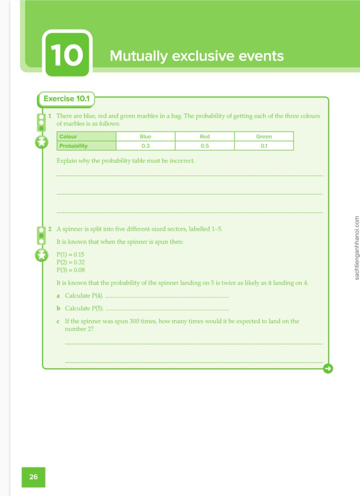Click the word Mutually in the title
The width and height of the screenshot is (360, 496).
coord(138,56)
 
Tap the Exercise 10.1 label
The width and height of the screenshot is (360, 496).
coord(67,98)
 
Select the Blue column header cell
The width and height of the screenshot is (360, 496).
coord(146,136)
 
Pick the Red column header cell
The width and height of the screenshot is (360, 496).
coord(205,136)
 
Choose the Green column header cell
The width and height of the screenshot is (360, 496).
coord(264,136)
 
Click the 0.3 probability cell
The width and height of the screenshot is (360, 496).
coord(146,146)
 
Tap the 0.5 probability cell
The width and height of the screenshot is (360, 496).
coord(205,146)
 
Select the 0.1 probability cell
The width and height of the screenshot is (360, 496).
coord(264,146)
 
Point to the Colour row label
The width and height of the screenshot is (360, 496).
coord(86,136)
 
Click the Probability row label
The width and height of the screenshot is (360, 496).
coord(86,146)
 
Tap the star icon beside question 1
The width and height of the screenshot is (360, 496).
coord(41,143)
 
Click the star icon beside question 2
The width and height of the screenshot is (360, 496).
coord(41,255)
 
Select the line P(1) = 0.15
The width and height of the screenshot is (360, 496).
coord(70,255)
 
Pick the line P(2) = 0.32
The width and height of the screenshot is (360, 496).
coord(71,262)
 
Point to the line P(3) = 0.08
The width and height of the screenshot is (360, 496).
coord(71,270)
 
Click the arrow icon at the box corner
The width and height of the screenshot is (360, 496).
coord(328,369)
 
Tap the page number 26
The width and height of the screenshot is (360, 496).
coord(33,477)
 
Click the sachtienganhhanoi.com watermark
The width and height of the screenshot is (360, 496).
coord(357,248)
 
